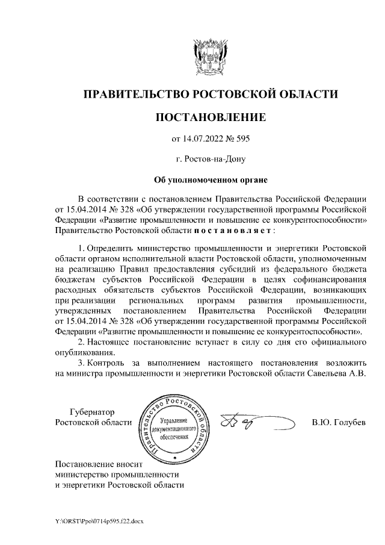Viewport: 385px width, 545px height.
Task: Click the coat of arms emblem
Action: (x=210, y=56)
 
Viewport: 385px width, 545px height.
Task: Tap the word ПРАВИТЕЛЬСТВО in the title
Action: (x=132, y=94)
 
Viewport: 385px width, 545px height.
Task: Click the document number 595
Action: (x=241, y=139)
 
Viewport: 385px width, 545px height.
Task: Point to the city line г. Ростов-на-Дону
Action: (x=210, y=160)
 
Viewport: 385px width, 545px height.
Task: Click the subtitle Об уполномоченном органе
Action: (x=210, y=179)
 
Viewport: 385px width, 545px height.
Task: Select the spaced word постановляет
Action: (x=233, y=230)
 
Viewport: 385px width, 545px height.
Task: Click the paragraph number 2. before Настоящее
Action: (x=82, y=342)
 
